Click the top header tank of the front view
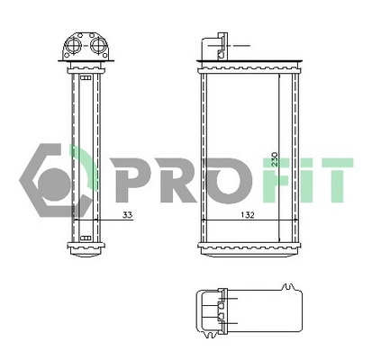[x=244, y=67]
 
